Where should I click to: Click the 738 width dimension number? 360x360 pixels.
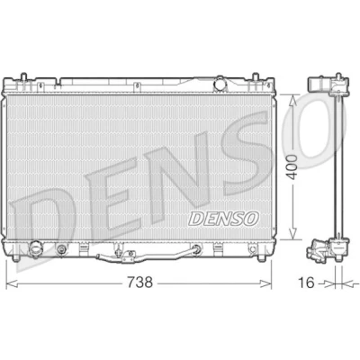pos(140,283)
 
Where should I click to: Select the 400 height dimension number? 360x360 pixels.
pos(292,167)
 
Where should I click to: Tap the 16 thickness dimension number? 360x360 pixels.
pos(306,283)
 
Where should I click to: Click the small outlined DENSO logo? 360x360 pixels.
pos(223,218)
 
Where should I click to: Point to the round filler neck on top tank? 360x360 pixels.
pos(220,83)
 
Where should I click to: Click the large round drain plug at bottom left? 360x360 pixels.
pos(35,248)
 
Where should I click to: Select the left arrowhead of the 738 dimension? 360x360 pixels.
pos(12,283)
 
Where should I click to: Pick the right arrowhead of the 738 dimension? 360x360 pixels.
pos(265,283)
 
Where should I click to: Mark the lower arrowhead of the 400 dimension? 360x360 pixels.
pos(292,234)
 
